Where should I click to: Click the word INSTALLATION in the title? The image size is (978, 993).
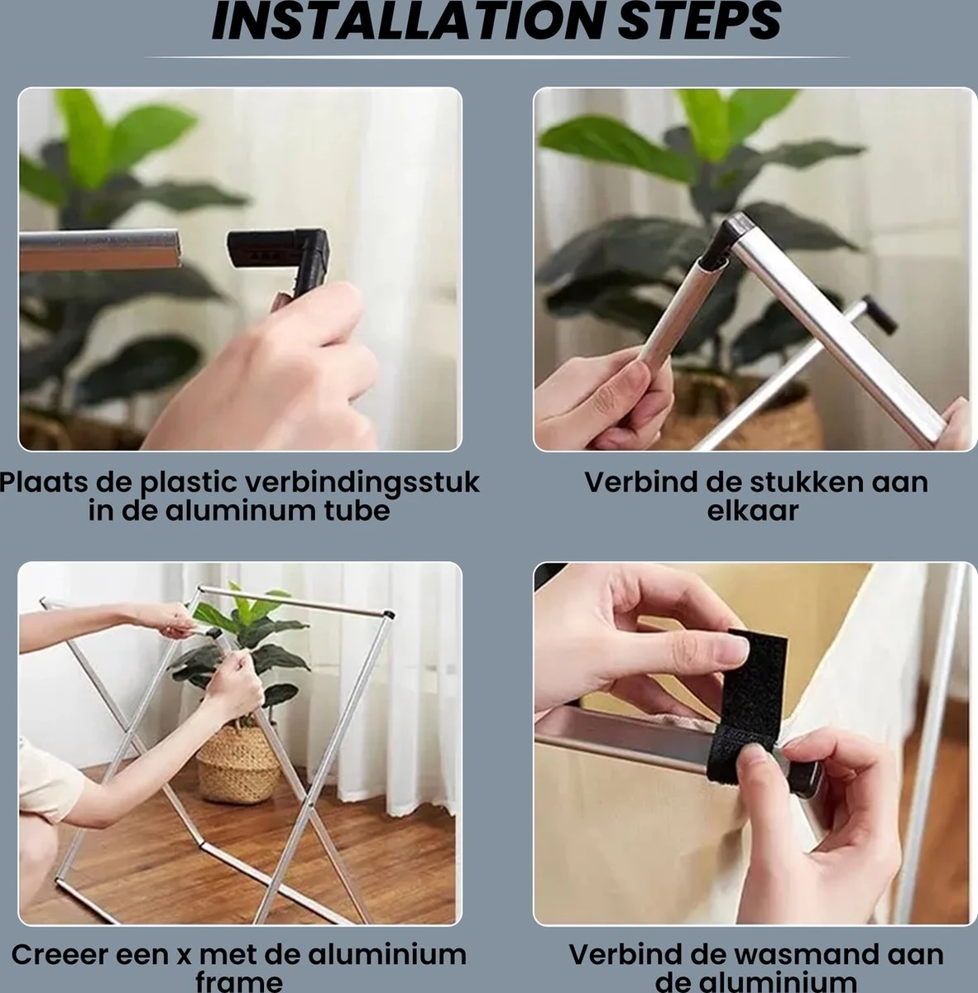[406, 22]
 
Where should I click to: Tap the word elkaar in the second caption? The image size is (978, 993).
[753, 511]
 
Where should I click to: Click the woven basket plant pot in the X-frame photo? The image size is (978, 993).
[238, 763]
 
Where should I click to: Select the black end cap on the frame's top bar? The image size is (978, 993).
[389, 614]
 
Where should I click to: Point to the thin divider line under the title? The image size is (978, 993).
[497, 57]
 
